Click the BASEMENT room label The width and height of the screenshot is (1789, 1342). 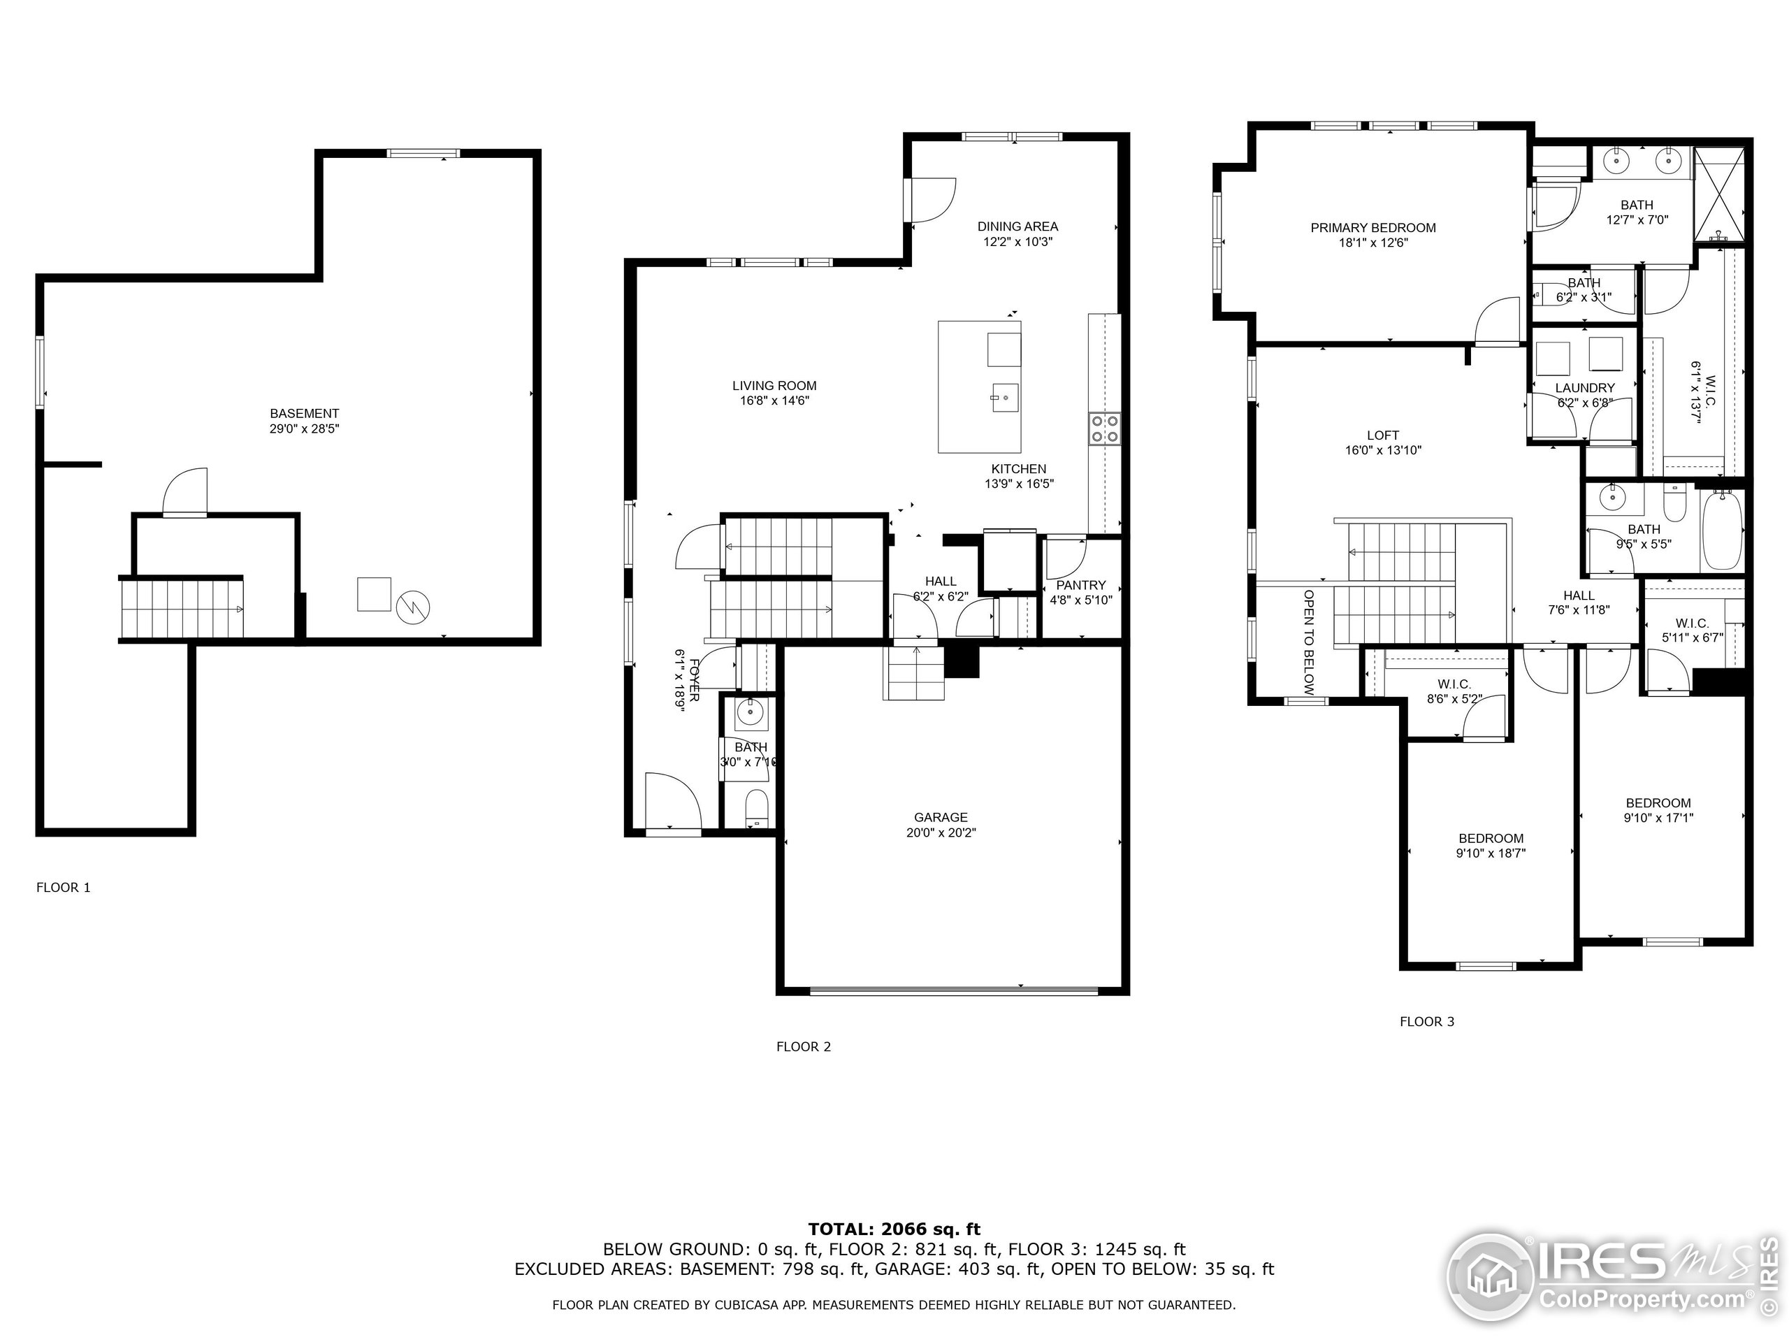(x=304, y=413)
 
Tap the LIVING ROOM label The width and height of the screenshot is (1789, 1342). (x=774, y=386)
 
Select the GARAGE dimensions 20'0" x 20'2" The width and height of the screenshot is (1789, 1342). (x=941, y=832)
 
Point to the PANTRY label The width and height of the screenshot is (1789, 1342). (x=1080, y=585)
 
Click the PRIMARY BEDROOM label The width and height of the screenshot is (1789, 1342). (x=1372, y=228)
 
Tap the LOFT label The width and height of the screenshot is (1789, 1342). (x=1383, y=435)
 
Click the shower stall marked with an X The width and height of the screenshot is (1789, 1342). (x=1718, y=196)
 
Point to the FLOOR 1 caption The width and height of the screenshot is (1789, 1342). (x=63, y=888)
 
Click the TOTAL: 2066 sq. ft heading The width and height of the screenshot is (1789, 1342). (x=894, y=1229)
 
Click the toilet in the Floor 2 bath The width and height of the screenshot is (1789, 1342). (x=756, y=806)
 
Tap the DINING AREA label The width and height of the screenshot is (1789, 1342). (x=1017, y=226)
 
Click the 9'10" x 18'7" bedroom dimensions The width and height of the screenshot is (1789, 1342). (x=1491, y=853)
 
